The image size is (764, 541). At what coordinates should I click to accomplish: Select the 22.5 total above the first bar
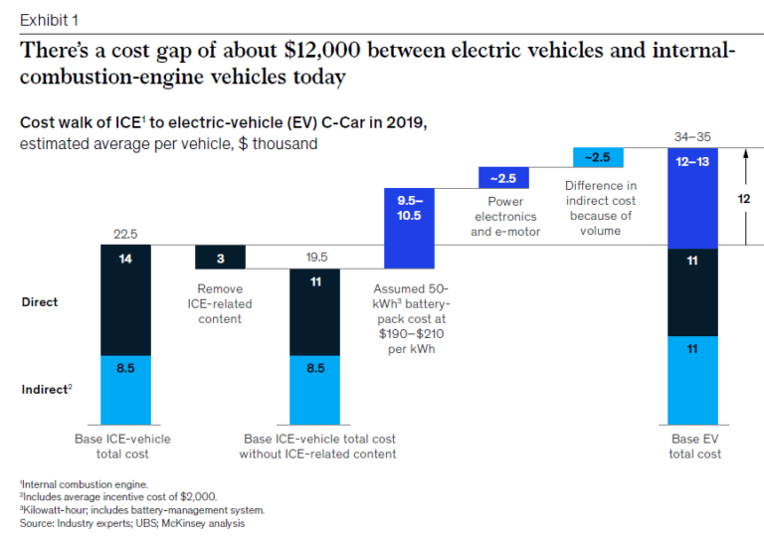pyautogui.click(x=124, y=234)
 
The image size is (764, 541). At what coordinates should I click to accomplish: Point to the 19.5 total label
pyautogui.click(x=315, y=257)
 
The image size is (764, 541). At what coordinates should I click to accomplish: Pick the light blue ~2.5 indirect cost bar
pyautogui.click(x=598, y=157)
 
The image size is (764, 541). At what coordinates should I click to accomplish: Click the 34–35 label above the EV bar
pyautogui.click(x=693, y=135)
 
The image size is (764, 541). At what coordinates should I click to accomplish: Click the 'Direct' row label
pyautogui.click(x=40, y=300)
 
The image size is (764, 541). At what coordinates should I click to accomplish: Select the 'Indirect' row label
pyautogui.click(x=46, y=389)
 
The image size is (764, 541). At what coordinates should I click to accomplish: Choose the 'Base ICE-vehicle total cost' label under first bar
pyautogui.click(x=123, y=446)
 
